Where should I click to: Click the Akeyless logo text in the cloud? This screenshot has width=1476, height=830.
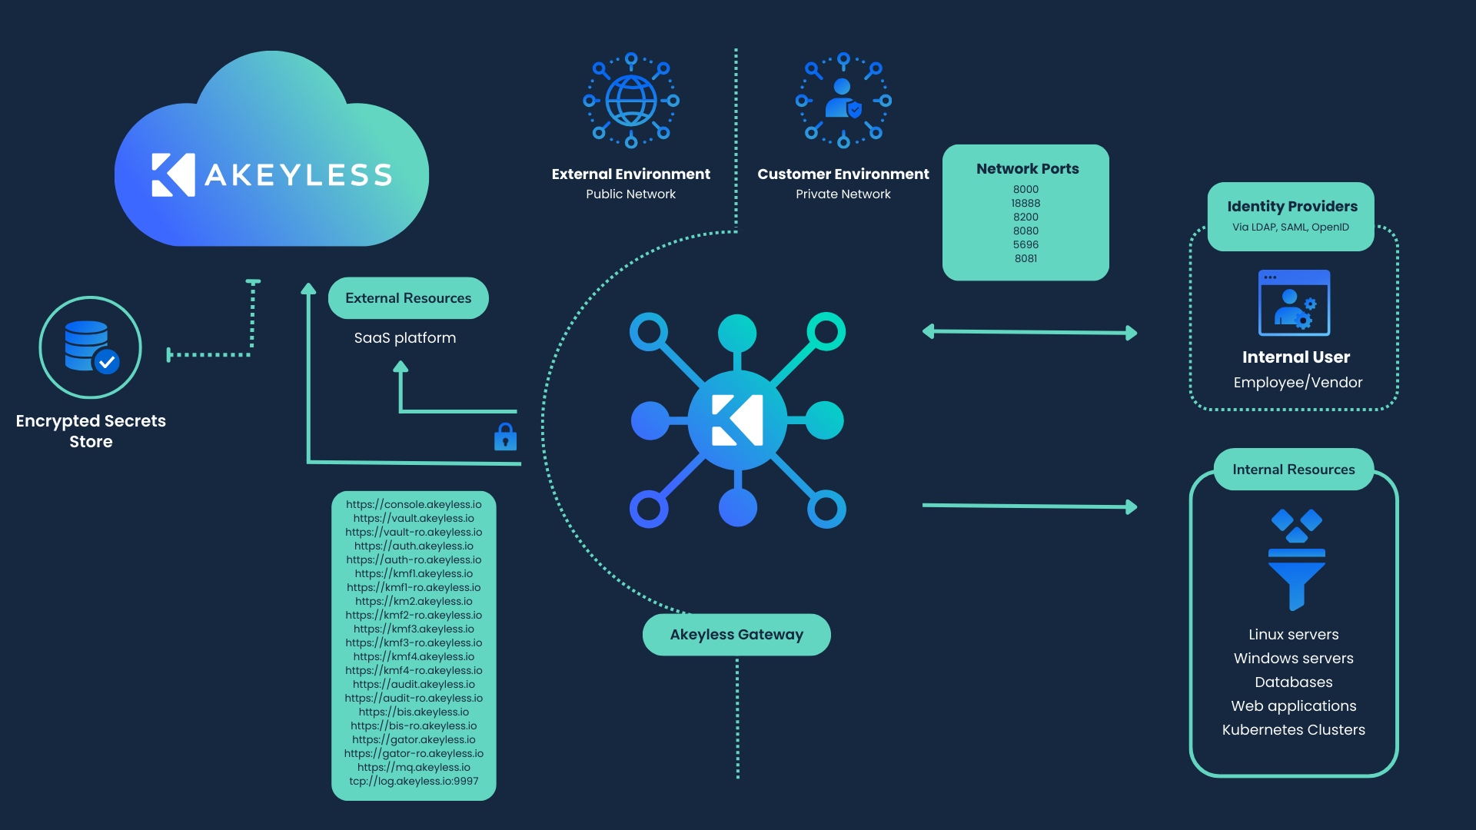click(298, 175)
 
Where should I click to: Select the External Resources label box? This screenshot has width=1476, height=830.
click(408, 298)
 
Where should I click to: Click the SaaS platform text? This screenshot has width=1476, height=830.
click(405, 338)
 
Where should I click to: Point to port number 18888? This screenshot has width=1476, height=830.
click(1026, 204)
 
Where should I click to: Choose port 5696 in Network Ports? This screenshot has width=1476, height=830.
click(1026, 245)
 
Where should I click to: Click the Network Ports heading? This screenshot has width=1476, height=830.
click(1027, 169)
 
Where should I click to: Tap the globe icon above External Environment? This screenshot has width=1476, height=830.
click(631, 101)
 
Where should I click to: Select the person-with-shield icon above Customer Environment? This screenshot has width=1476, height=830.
click(843, 101)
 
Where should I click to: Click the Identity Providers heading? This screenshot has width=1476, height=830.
click(1291, 207)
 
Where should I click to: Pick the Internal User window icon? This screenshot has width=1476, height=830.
click(1294, 303)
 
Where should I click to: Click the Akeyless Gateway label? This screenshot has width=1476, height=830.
click(736, 635)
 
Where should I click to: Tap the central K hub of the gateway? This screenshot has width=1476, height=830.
click(737, 420)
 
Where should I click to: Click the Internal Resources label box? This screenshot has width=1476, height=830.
click(1293, 470)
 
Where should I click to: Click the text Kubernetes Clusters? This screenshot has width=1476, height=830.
click(1293, 730)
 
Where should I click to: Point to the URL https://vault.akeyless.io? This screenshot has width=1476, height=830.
click(414, 519)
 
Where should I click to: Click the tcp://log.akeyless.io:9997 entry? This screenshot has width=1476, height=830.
click(414, 782)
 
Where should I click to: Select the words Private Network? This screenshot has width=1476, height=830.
click(843, 194)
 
